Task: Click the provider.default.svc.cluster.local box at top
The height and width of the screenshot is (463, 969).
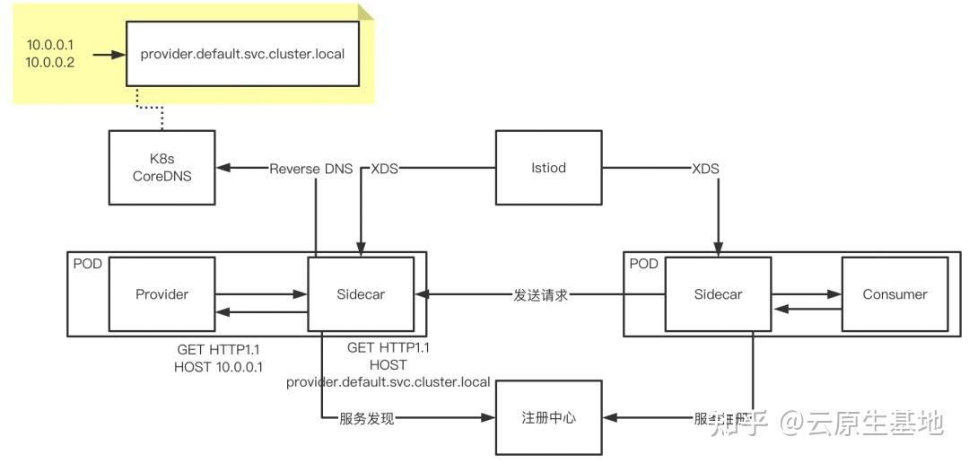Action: point(242,55)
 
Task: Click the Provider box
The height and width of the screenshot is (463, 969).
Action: point(161,294)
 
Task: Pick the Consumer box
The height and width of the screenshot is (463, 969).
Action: point(895,294)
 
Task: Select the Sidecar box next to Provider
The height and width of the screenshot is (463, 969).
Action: point(361,294)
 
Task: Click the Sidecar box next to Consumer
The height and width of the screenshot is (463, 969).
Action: point(718,294)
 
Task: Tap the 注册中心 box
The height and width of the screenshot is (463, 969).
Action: point(548,418)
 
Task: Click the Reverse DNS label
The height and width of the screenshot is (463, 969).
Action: point(311,169)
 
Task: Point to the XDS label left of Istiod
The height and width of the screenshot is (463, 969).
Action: point(385,169)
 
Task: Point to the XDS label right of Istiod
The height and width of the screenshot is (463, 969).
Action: point(705,169)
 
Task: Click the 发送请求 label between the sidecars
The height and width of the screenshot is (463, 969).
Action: point(541,294)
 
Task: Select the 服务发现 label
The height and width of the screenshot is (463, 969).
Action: point(366,418)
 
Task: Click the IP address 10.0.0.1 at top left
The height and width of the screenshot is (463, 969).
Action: point(51,45)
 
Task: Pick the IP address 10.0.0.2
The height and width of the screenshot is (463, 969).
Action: point(51,63)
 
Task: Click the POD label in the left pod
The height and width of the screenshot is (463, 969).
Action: point(86,264)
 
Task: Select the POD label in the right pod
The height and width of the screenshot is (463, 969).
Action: point(642,264)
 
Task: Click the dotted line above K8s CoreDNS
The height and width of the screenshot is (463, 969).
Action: point(161,109)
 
